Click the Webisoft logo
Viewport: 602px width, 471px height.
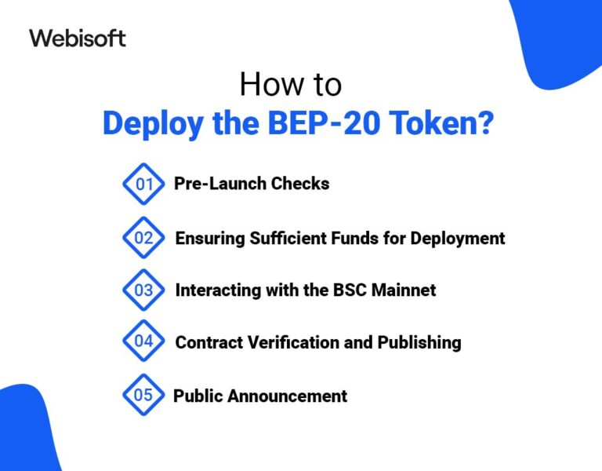pos(78,38)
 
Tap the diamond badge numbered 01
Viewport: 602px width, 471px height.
pos(143,184)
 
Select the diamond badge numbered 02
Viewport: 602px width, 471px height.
pos(143,238)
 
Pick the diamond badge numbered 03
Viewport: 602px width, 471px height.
pos(143,290)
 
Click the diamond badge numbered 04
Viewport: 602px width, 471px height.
pos(143,341)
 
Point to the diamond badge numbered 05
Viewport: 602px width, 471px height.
pos(143,395)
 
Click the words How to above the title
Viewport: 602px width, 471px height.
pos(291,84)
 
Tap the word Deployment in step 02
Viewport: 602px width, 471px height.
pos(458,238)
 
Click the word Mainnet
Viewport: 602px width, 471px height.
pos(399,290)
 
